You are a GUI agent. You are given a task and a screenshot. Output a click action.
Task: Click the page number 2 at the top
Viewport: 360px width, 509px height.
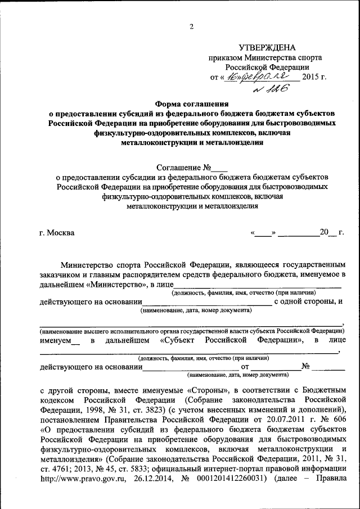(x=191, y=26)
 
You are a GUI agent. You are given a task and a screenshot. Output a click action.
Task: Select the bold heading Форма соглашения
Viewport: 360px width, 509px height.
(x=192, y=103)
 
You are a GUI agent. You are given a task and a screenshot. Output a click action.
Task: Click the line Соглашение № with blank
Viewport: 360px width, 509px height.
(x=191, y=167)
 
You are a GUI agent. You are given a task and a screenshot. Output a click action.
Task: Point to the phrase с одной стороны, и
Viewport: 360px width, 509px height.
(x=309, y=301)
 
